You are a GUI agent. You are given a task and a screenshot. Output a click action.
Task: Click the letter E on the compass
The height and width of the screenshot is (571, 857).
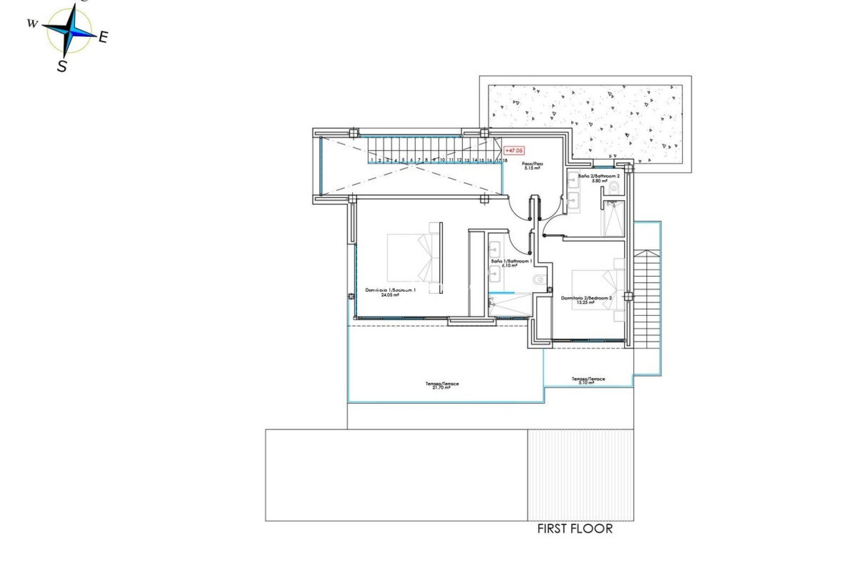[x=103, y=37]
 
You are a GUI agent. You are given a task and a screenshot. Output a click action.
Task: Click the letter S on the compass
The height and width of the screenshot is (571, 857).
[x=62, y=66]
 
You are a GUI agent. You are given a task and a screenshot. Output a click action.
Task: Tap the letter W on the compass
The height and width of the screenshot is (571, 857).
[x=32, y=24]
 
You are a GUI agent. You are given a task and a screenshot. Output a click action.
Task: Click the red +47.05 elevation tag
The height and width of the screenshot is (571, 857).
[x=514, y=151]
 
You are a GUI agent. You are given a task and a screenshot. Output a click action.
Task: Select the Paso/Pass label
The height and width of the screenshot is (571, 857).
[x=532, y=166]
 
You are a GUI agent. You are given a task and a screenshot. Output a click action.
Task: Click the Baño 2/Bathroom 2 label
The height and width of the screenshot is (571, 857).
[x=599, y=178]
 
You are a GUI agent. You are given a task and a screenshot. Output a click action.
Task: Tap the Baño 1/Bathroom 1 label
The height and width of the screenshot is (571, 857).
[x=511, y=263]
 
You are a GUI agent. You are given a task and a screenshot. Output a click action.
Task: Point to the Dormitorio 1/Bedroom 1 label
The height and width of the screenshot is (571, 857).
[x=390, y=292]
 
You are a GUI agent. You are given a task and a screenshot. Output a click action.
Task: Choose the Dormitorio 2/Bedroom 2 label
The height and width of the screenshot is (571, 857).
[x=586, y=300]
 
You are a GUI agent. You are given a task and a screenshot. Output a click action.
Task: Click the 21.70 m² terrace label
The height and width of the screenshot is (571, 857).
[x=441, y=385]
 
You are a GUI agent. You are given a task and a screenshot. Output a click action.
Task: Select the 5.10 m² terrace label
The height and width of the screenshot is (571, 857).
[x=588, y=381]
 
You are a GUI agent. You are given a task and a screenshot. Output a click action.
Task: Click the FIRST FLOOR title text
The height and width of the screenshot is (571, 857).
[x=574, y=529]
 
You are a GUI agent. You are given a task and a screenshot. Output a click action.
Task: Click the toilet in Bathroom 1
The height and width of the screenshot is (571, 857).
[x=539, y=280]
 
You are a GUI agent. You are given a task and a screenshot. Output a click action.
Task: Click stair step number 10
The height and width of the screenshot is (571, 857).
[x=442, y=160]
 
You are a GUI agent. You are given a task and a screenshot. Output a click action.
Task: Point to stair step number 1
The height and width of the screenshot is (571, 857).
[x=372, y=160]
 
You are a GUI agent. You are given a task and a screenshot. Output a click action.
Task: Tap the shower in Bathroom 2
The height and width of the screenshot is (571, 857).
[x=614, y=219]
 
